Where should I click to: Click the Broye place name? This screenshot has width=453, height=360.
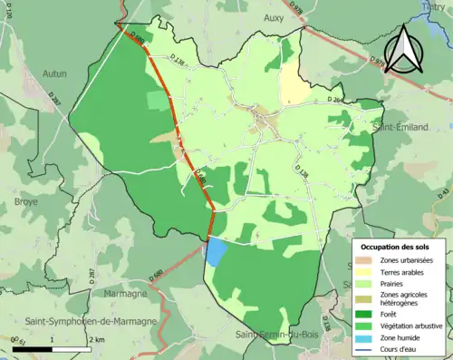[25, 201]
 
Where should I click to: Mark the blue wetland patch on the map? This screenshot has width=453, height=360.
[217, 251]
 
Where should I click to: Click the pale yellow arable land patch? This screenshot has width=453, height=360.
[293, 85]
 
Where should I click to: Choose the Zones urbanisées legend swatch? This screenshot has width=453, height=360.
[367, 261]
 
